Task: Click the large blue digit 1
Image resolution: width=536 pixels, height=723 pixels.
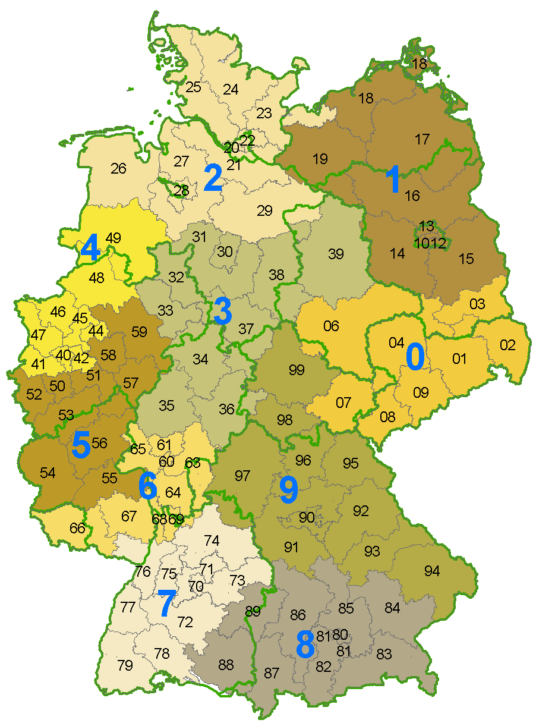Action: (393, 180)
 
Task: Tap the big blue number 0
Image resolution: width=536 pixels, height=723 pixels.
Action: (415, 357)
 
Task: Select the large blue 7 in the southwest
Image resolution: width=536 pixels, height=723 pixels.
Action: (166, 603)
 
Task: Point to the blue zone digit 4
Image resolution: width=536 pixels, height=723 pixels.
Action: (90, 249)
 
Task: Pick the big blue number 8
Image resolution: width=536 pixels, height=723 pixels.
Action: (305, 645)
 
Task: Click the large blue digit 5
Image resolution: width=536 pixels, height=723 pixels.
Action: (81, 445)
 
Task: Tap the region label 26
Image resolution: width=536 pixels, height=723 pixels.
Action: (118, 169)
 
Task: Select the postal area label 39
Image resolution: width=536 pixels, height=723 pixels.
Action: (336, 254)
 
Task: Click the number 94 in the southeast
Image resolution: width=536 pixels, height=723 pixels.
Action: (432, 571)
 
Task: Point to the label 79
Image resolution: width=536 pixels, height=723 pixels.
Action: (125, 665)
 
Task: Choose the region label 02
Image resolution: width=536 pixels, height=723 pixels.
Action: (507, 345)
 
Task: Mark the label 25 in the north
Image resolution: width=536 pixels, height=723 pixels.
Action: (193, 87)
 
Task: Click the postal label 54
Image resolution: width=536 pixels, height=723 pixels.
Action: (48, 473)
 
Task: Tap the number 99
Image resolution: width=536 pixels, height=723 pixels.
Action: (296, 370)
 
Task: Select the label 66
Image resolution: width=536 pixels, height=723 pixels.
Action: (77, 528)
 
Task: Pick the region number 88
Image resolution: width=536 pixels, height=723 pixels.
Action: (226, 665)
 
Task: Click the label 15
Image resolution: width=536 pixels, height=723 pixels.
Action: (466, 259)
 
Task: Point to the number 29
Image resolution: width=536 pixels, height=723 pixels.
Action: (264, 210)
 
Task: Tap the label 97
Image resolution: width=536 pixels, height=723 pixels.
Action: (242, 476)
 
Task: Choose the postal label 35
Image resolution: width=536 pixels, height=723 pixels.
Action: (166, 405)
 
